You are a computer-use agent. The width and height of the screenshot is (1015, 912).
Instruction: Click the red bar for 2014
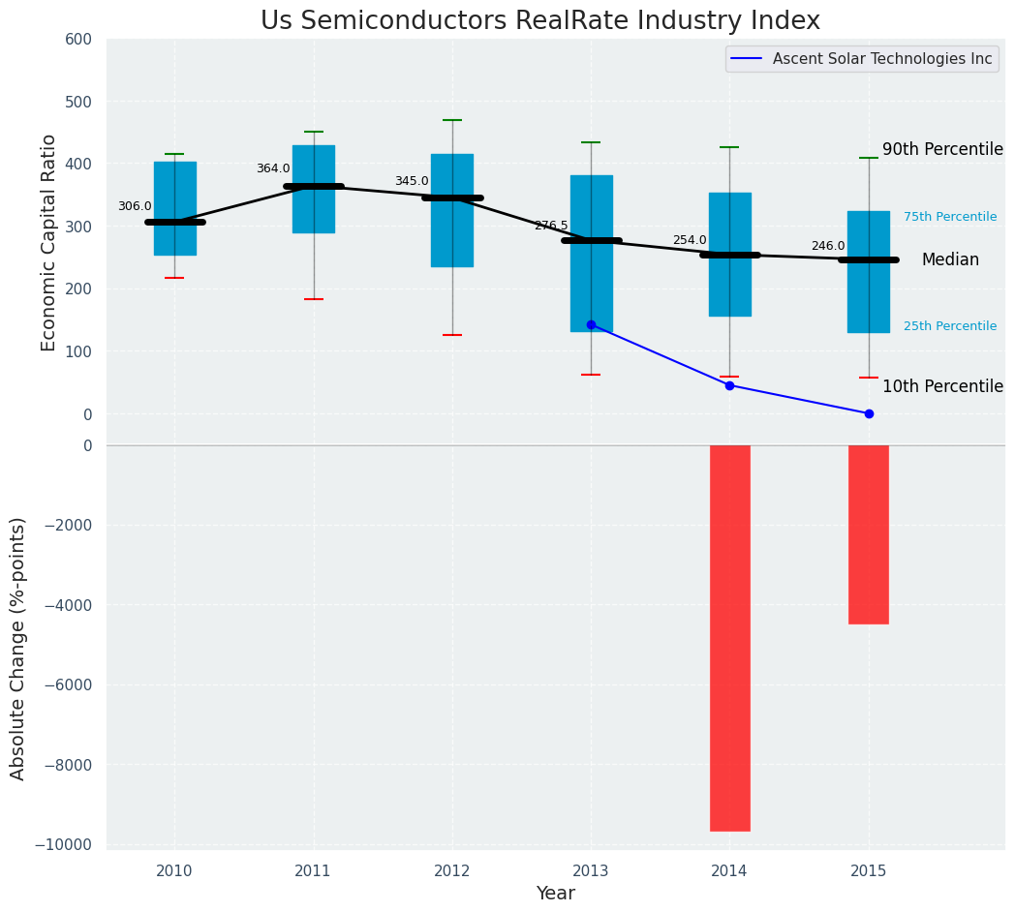[729, 637]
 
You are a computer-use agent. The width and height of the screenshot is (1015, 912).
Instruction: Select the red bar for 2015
[868, 534]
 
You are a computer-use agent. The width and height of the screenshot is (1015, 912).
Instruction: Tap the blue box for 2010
[174, 208]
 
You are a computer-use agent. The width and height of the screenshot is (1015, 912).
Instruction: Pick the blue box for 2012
[452, 210]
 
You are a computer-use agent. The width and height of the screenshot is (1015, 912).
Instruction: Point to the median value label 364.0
[273, 168]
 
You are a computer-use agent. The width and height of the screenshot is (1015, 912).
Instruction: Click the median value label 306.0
[135, 206]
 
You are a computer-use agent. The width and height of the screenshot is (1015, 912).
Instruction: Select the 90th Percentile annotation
[941, 149]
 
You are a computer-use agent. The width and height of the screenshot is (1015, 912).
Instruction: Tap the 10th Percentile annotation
[941, 386]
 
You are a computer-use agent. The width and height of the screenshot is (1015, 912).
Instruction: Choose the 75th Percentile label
[949, 217]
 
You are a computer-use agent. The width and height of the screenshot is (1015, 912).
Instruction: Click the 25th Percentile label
[949, 326]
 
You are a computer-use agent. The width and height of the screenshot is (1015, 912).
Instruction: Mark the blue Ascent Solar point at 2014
[729, 385]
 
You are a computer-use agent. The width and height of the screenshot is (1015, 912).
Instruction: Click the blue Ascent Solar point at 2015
[869, 413]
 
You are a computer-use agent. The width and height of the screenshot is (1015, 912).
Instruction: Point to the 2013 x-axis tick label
[591, 871]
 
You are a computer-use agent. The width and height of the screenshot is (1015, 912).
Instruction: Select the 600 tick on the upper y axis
[78, 40]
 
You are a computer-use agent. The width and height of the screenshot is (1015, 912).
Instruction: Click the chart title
[539, 21]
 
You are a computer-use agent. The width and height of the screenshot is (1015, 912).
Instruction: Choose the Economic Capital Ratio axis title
[49, 242]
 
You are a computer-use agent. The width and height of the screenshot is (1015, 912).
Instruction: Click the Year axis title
[555, 894]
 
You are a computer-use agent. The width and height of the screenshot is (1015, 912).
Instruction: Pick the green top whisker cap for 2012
[452, 120]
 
